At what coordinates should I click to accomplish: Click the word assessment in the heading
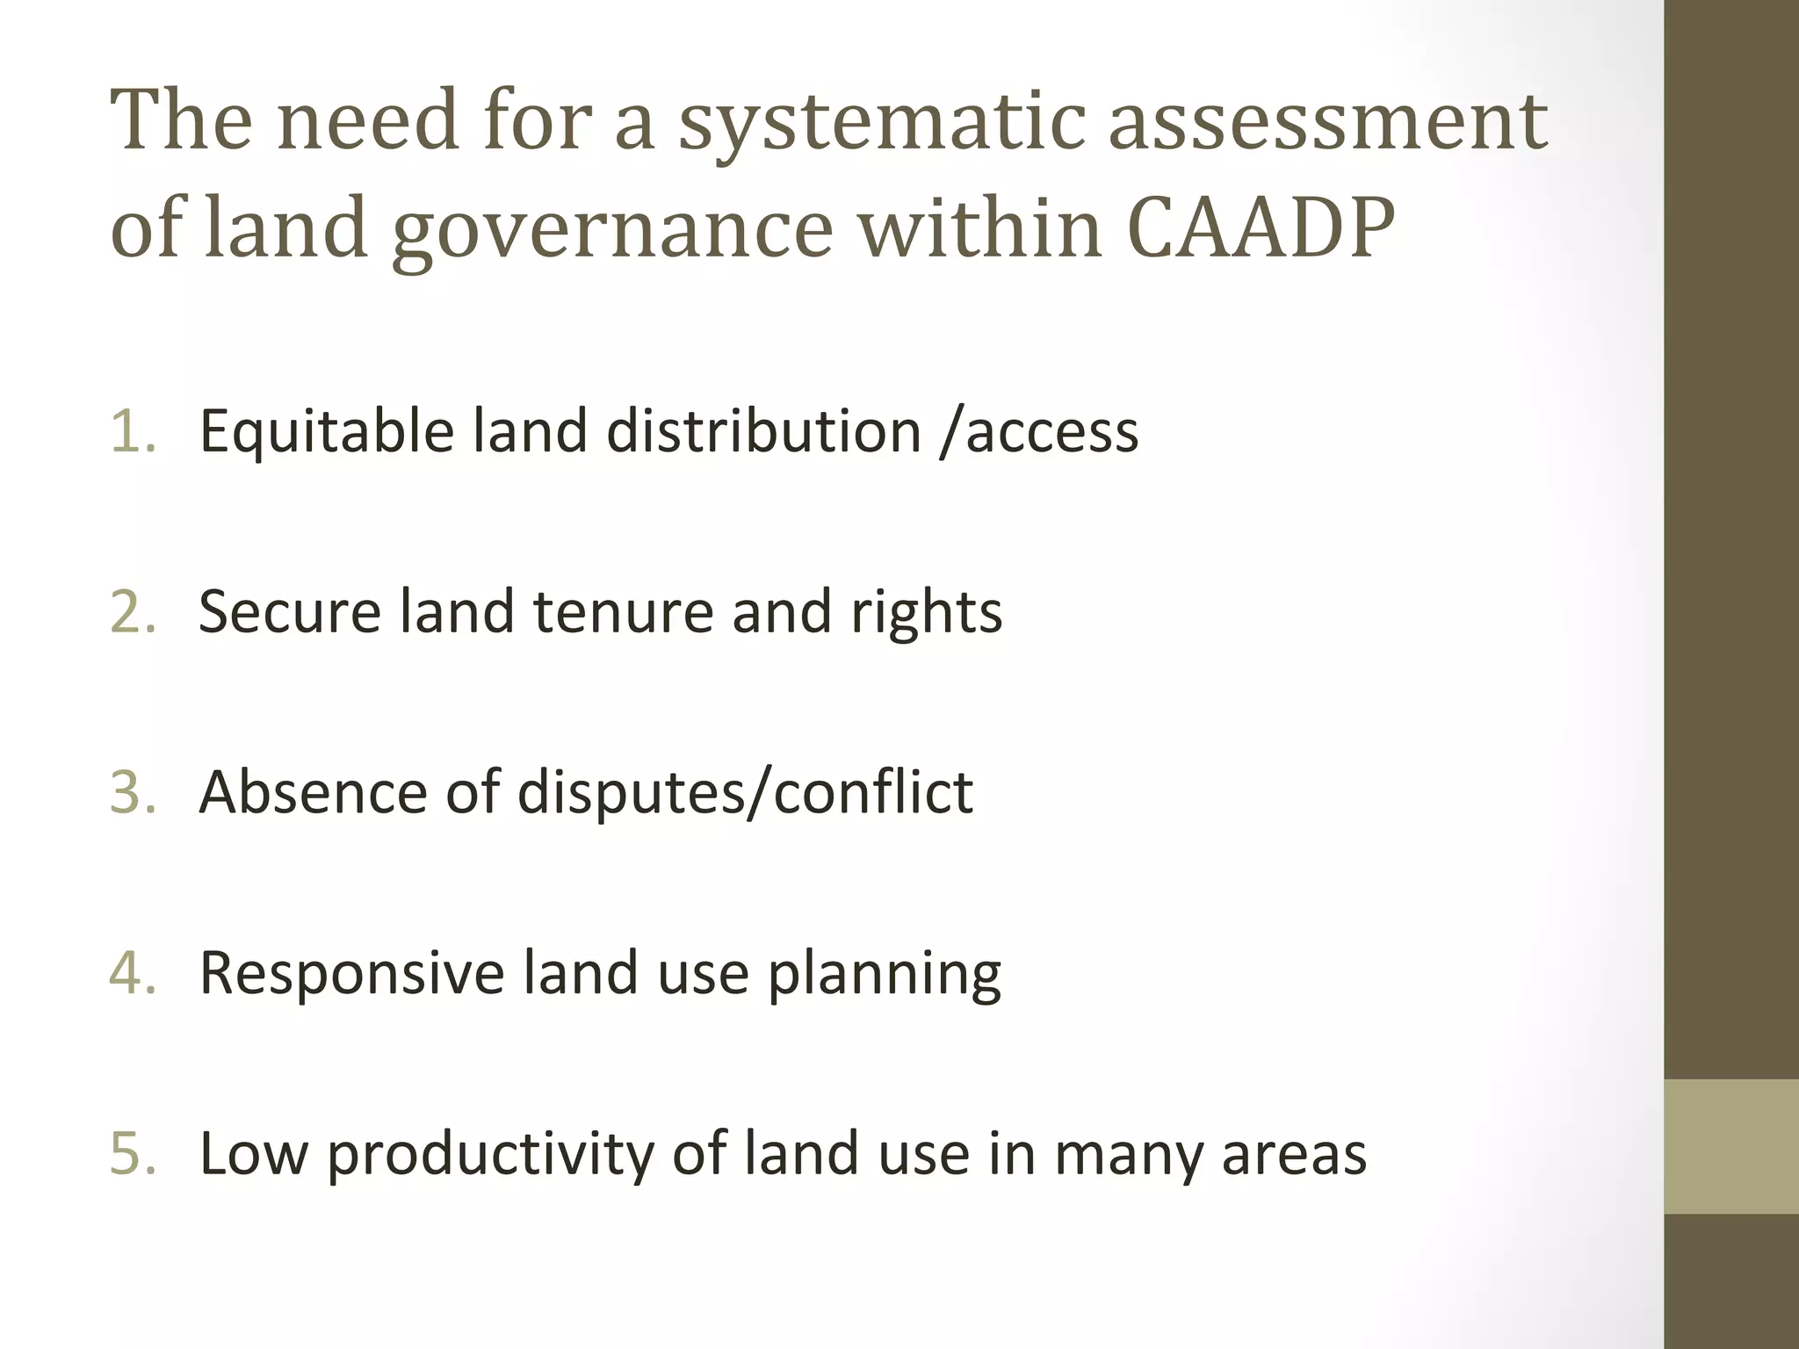[1327, 120]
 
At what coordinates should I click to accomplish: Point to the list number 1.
[132, 431]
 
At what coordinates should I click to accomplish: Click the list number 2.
[132, 611]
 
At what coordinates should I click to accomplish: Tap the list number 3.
[132, 792]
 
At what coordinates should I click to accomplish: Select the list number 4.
[132, 973]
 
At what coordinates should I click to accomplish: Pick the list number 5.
[132, 1153]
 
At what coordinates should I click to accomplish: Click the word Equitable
[327, 433]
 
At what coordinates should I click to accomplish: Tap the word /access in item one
[1038, 433]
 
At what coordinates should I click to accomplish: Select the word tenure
[622, 612]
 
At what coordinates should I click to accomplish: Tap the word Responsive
[352, 974]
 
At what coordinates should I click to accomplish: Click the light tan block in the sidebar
[1731, 1146]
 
